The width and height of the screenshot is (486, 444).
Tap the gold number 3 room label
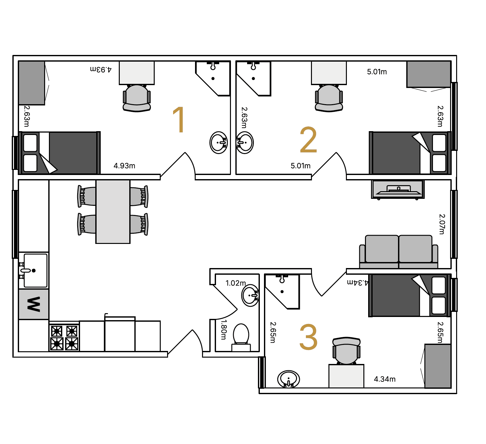point(308,337)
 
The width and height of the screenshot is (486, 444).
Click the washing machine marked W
point(34,304)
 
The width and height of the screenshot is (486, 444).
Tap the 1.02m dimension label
point(235,283)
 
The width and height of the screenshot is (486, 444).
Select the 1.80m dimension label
point(224,329)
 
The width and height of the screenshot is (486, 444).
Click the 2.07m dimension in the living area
point(442,224)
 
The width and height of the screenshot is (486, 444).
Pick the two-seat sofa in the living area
point(399,252)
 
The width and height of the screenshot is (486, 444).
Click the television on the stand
point(398,189)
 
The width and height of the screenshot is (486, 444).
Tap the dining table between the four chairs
point(113,212)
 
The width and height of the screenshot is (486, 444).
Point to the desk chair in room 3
point(347,351)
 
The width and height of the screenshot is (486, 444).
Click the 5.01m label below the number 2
point(300,166)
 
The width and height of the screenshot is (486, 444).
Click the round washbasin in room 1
point(218,143)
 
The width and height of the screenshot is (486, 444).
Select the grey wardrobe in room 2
point(429,74)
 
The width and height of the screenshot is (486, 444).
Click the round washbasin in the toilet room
point(250,295)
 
